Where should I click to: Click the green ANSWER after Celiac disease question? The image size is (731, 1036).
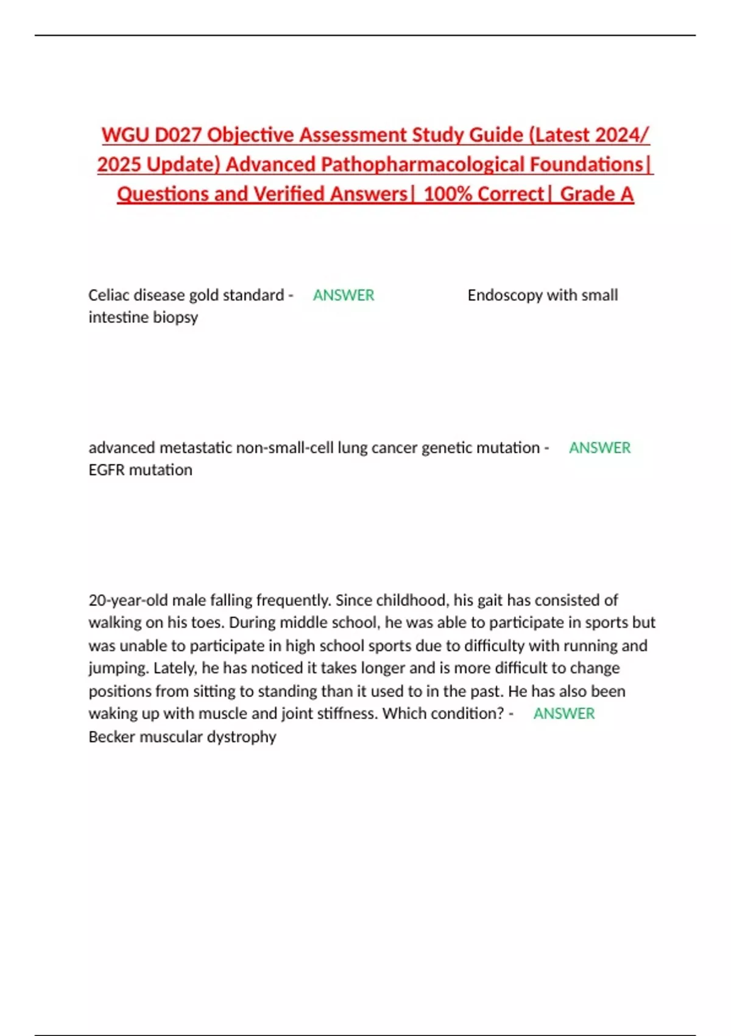pos(344,296)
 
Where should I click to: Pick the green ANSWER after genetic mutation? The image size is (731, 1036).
pos(599,448)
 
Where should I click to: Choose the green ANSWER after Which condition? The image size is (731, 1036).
pos(564,714)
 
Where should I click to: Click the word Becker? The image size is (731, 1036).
pos(111,737)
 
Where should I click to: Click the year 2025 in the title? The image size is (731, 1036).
pos(119,165)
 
